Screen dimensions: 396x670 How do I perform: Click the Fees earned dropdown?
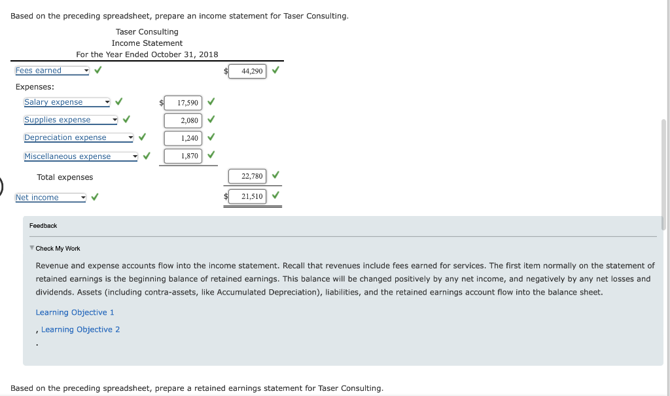[52, 71]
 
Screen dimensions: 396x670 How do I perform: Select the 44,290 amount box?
[247, 71]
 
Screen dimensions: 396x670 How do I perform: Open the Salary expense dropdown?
[67, 102]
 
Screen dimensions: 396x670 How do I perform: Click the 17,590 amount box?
[183, 103]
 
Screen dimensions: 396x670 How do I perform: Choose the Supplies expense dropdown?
[71, 120]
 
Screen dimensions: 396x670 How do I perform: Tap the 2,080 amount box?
[183, 120]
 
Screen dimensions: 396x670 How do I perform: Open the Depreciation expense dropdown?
[79, 137]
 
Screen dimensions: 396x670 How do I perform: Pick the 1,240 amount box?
[183, 138]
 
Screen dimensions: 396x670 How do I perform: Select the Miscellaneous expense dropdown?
[81, 156]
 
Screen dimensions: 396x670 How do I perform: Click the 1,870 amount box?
[183, 156]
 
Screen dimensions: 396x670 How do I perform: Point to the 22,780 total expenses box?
[247, 176]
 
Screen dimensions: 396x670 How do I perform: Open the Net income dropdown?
[50, 198]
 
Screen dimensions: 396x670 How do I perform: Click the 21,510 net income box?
[247, 196]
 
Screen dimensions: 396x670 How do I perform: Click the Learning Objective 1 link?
[75, 312]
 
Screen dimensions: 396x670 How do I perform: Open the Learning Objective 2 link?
[80, 329]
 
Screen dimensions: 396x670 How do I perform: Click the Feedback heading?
[43, 226]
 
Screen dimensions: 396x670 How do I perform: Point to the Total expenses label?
[65, 177]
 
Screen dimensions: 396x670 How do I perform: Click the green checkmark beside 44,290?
[275, 70]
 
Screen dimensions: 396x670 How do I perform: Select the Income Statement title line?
[147, 43]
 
